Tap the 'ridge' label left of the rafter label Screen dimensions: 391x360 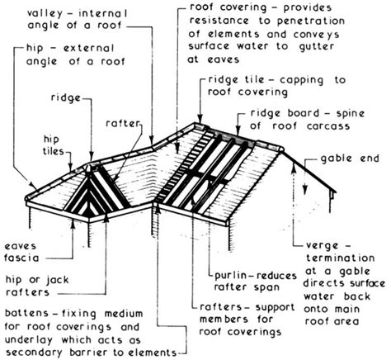(x=66, y=98)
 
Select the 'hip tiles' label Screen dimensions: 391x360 (x=54, y=145)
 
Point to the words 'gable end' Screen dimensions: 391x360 (x=350, y=159)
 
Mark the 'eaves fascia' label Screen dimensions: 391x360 (x=22, y=252)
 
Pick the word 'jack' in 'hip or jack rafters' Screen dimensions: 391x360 (x=57, y=280)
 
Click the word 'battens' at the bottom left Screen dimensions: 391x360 (x=27, y=313)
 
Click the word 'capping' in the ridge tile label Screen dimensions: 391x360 (x=302, y=81)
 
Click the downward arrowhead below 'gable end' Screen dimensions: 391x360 (x=304, y=191)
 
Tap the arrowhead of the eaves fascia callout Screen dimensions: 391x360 (x=73, y=223)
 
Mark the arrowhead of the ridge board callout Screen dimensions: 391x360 (x=238, y=131)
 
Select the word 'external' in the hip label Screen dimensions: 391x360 (x=88, y=48)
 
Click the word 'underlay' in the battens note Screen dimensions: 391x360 (x=29, y=340)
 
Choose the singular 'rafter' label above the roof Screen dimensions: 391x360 (x=124, y=124)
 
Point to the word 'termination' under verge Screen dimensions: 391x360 (x=341, y=258)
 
